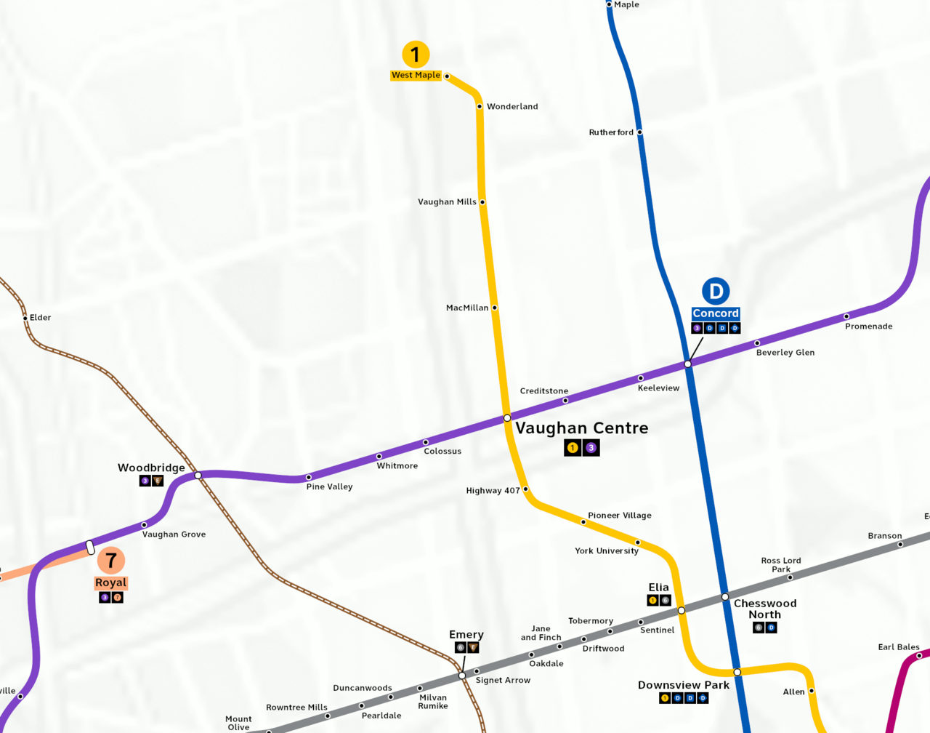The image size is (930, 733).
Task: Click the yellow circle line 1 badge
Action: [416, 55]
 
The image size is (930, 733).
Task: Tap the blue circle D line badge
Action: [716, 292]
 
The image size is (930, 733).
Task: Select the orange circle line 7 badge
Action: [111, 561]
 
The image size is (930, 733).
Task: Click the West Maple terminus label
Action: [416, 75]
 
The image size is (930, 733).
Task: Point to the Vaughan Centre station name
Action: [581, 428]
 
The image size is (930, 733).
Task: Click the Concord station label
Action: [716, 313]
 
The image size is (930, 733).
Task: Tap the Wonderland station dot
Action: [480, 107]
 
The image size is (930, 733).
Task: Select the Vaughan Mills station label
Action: [447, 202]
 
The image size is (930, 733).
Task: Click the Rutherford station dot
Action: [639, 132]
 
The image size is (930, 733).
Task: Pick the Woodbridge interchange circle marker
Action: [198, 476]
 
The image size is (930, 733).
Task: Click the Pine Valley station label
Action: [329, 487]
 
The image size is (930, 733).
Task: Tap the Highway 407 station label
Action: [493, 491]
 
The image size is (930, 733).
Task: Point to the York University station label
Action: [607, 551]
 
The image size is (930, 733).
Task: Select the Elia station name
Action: [658, 588]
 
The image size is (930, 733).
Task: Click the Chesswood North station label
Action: [765, 609]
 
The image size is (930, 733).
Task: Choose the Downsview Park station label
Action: [683, 685]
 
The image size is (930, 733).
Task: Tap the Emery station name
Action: [466, 635]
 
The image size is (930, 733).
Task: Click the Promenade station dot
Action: [846, 316]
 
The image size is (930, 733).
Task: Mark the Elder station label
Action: [41, 318]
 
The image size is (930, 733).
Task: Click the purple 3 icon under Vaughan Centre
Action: [591, 448]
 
